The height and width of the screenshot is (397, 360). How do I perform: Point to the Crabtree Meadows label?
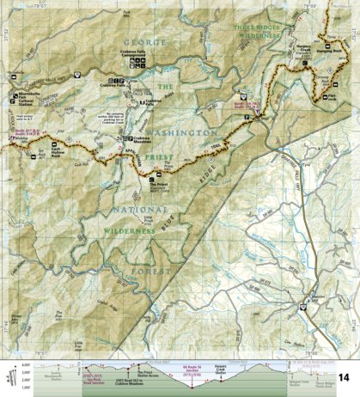coord(149,140)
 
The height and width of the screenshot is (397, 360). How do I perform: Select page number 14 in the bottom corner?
coord(344,378)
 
